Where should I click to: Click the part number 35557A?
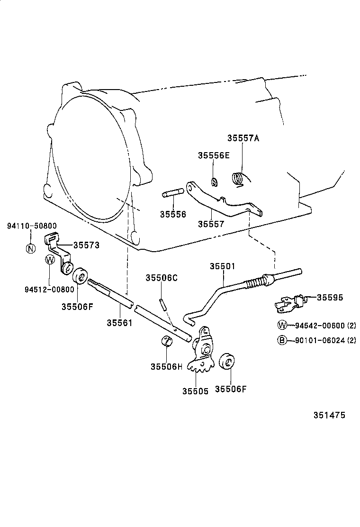click(243, 138)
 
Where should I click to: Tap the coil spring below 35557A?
click(238, 178)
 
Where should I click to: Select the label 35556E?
click(214, 155)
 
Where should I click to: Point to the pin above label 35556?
click(171, 193)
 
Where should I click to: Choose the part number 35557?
click(211, 224)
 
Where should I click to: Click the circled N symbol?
click(31, 248)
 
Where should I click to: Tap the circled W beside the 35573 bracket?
click(50, 260)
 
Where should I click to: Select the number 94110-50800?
click(32, 226)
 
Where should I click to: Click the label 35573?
click(86, 245)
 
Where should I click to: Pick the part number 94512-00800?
click(49, 290)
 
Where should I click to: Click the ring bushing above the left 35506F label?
click(80, 276)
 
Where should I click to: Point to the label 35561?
click(119, 323)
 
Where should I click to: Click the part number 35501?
click(223, 266)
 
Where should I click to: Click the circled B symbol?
click(282, 340)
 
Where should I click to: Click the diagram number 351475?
click(329, 416)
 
